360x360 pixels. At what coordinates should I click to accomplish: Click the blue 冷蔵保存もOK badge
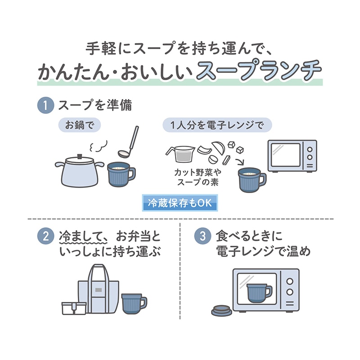(180, 203)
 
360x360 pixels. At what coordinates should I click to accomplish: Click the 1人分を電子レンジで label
(217, 125)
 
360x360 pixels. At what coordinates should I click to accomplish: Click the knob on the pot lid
(80, 156)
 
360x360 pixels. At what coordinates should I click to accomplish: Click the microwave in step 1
(292, 156)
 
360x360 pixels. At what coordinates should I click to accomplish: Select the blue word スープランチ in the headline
(259, 71)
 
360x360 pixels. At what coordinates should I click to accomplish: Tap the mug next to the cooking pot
(119, 174)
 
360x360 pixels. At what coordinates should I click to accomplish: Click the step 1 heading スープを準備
(95, 106)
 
